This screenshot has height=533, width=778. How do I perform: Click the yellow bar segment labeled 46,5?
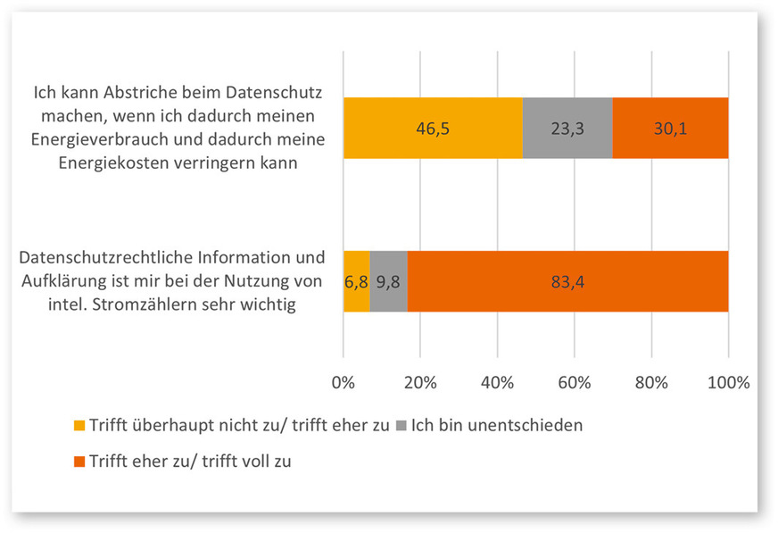(433, 129)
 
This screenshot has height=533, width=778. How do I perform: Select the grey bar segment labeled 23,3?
(567, 129)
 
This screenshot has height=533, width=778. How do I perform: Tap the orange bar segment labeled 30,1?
(670, 129)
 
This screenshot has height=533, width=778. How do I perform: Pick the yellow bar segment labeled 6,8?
(356, 281)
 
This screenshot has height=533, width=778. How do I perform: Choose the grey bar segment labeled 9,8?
(388, 281)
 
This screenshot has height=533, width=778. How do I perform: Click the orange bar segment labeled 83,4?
(567, 281)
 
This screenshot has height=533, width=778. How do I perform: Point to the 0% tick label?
(343, 383)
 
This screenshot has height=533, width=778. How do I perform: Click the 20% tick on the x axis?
(420, 383)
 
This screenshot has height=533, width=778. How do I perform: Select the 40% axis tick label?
(497, 383)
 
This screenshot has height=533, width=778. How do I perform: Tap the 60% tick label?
(575, 383)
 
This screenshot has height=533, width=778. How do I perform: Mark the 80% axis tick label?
(651, 383)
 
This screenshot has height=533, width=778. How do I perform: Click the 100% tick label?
(728, 383)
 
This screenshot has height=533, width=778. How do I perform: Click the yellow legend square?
(80, 426)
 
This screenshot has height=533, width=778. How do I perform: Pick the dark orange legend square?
(80, 462)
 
